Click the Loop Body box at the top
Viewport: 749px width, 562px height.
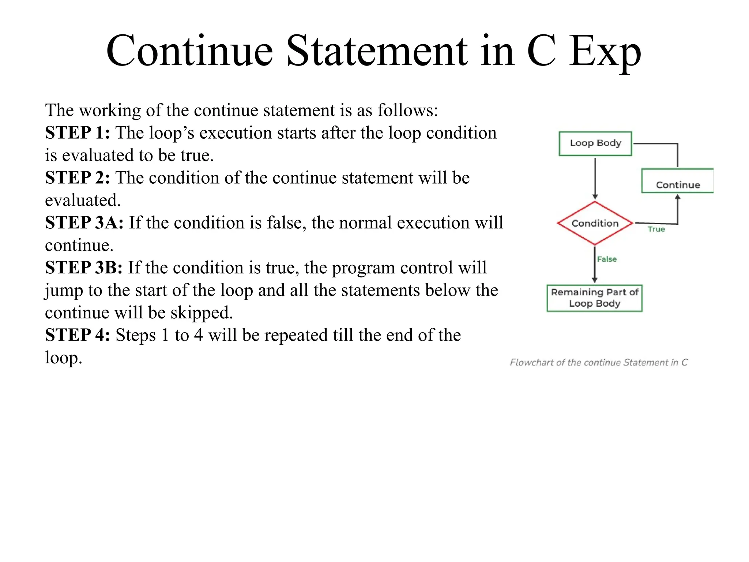pyautogui.click(x=595, y=143)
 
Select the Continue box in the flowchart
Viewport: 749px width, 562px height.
pyautogui.click(x=677, y=181)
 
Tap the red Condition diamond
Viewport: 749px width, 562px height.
pyautogui.click(x=595, y=223)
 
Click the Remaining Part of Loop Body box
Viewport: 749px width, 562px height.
pyautogui.click(x=594, y=298)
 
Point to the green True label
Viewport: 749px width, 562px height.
pyautogui.click(x=656, y=229)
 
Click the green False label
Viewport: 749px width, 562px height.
pyautogui.click(x=607, y=259)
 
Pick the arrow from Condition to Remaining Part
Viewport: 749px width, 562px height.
pyautogui.click(x=595, y=264)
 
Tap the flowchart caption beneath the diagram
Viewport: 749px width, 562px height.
pyautogui.click(x=599, y=362)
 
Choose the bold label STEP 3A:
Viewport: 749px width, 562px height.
pyautogui.click(x=84, y=223)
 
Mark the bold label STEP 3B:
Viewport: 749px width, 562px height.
pyautogui.click(x=84, y=268)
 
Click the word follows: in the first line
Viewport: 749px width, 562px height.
pyautogui.click(x=407, y=110)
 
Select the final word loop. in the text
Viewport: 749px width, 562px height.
pyautogui.click(x=63, y=358)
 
